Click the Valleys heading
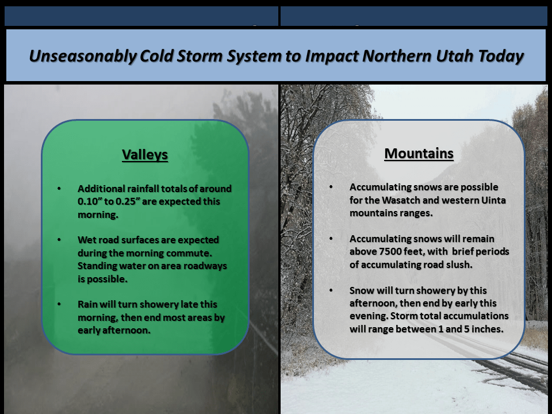tap(145, 155)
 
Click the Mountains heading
tap(419, 154)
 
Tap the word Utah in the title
tap(454, 56)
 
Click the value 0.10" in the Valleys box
tap(90, 201)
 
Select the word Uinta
tap(493, 200)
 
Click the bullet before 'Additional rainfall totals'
tap(59, 189)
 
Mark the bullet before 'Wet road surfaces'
tap(59, 240)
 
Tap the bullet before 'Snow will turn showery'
tap(331, 290)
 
